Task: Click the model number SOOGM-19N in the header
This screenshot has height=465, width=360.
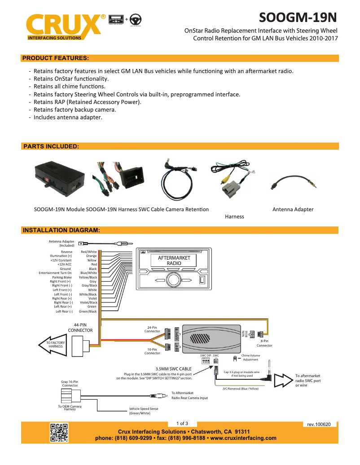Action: (x=298, y=17)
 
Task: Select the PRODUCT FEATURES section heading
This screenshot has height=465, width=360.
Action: (x=55, y=58)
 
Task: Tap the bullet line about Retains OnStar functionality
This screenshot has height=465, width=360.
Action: (x=71, y=78)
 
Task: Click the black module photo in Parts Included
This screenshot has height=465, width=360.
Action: (x=60, y=178)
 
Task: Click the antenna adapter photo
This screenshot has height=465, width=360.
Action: (x=293, y=183)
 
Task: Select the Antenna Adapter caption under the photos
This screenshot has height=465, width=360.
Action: (x=293, y=209)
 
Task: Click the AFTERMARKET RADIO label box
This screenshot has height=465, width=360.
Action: (x=174, y=261)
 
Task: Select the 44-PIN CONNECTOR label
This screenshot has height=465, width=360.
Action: (x=80, y=327)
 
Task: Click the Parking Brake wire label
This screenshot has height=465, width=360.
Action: (x=61, y=277)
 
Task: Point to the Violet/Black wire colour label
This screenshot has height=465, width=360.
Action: (x=88, y=303)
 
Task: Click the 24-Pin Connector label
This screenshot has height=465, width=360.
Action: (x=152, y=329)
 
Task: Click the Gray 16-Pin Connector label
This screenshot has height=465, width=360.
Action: (x=70, y=383)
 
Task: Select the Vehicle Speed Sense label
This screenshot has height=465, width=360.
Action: (x=143, y=411)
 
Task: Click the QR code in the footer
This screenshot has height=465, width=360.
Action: (x=59, y=432)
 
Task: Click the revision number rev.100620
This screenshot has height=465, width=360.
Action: (x=319, y=424)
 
